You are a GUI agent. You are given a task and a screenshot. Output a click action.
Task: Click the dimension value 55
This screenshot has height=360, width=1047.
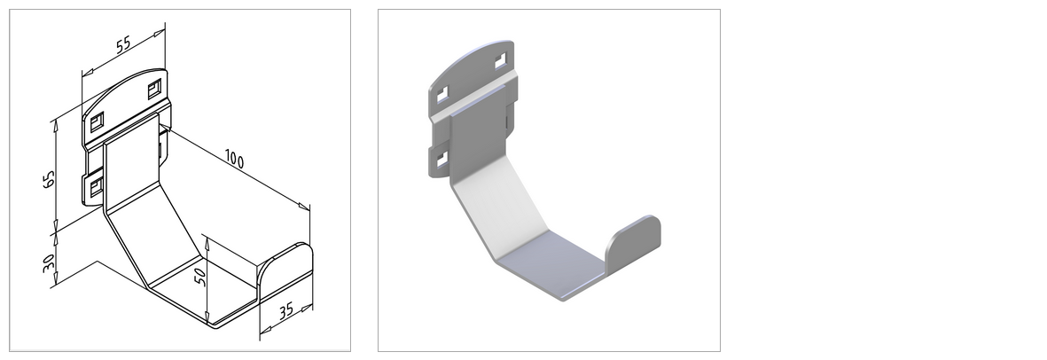[x=123, y=44]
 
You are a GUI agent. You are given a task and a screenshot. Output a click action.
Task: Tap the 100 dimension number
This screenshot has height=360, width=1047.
[x=233, y=160]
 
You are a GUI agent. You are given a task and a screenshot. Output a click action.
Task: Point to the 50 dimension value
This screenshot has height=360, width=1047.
[x=199, y=278]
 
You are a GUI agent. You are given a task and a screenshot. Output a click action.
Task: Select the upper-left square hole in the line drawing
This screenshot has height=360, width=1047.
[x=97, y=120]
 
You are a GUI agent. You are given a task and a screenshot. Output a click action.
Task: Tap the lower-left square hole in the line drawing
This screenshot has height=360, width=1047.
[x=94, y=185]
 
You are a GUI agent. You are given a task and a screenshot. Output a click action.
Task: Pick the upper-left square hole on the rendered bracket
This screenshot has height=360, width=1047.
[x=442, y=93]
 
